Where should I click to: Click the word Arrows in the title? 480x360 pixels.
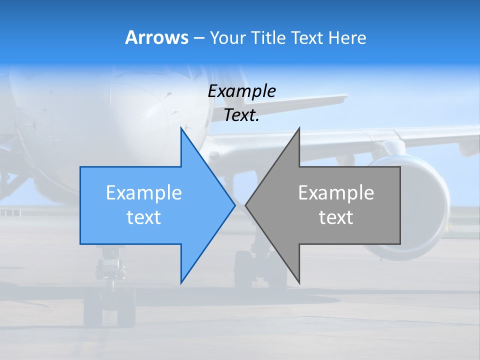pos(156,37)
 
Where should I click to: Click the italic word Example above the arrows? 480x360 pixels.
pos(241,91)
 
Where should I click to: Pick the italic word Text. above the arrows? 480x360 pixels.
pos(241,115)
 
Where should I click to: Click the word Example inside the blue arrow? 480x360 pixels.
pos(144,193)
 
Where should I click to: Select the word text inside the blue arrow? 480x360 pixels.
pos(144,217)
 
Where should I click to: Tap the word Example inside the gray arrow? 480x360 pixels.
pos(336,193)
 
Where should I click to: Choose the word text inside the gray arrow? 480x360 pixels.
pos(336,217)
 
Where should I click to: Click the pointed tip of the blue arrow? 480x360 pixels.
pos(234,204)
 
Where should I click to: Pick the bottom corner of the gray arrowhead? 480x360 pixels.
pos(299,282)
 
